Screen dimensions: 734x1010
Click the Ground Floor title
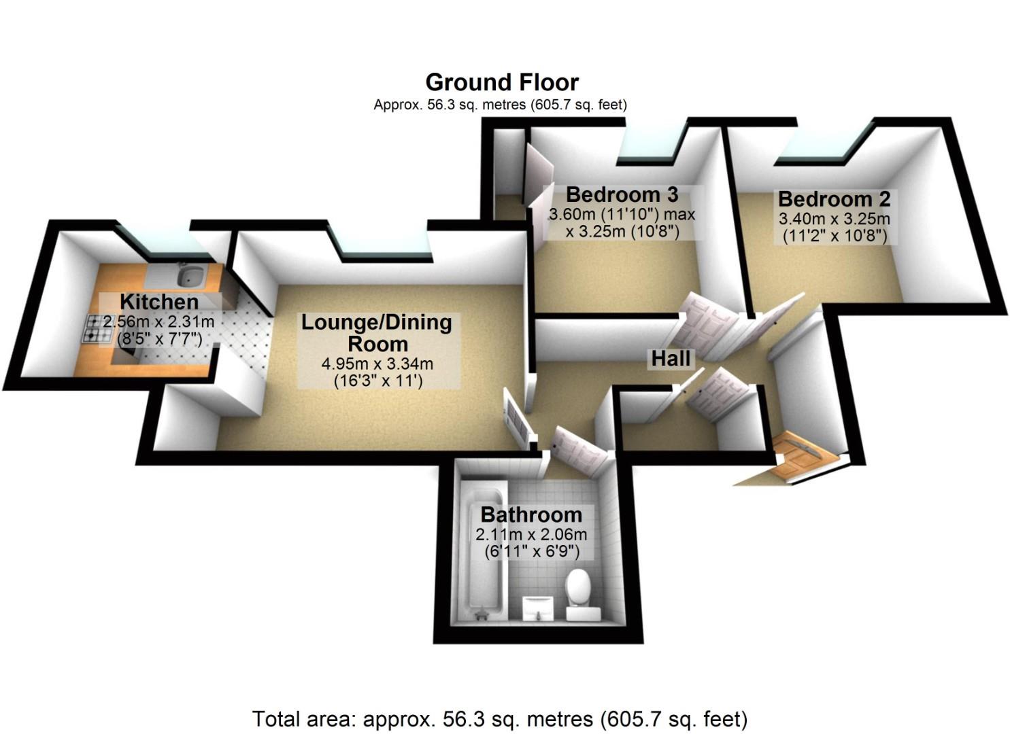(502, 82)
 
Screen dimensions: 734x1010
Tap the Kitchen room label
(159, 302)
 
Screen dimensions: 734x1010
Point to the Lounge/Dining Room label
(377, 332)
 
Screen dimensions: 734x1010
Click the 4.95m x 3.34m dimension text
(377, 364)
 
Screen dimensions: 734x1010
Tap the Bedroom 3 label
(622, 194)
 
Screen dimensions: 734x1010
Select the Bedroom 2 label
(834, 199)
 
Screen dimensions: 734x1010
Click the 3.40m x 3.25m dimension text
(834, 219)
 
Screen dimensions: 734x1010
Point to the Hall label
(671, 359)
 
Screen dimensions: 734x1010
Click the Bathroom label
(531, 514)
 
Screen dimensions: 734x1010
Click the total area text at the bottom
(500, 718)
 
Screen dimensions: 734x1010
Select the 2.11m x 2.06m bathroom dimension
(531, 535)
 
